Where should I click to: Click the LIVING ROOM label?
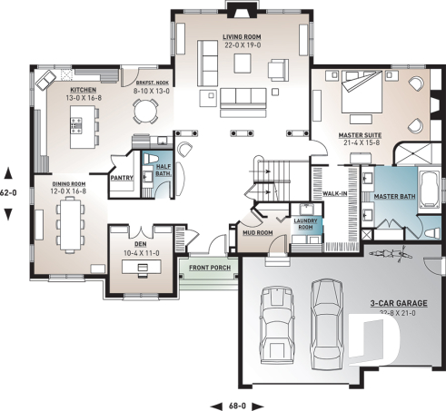(243, 37)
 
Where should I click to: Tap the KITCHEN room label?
(85, 91)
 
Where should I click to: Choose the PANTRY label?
(122, 179)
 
